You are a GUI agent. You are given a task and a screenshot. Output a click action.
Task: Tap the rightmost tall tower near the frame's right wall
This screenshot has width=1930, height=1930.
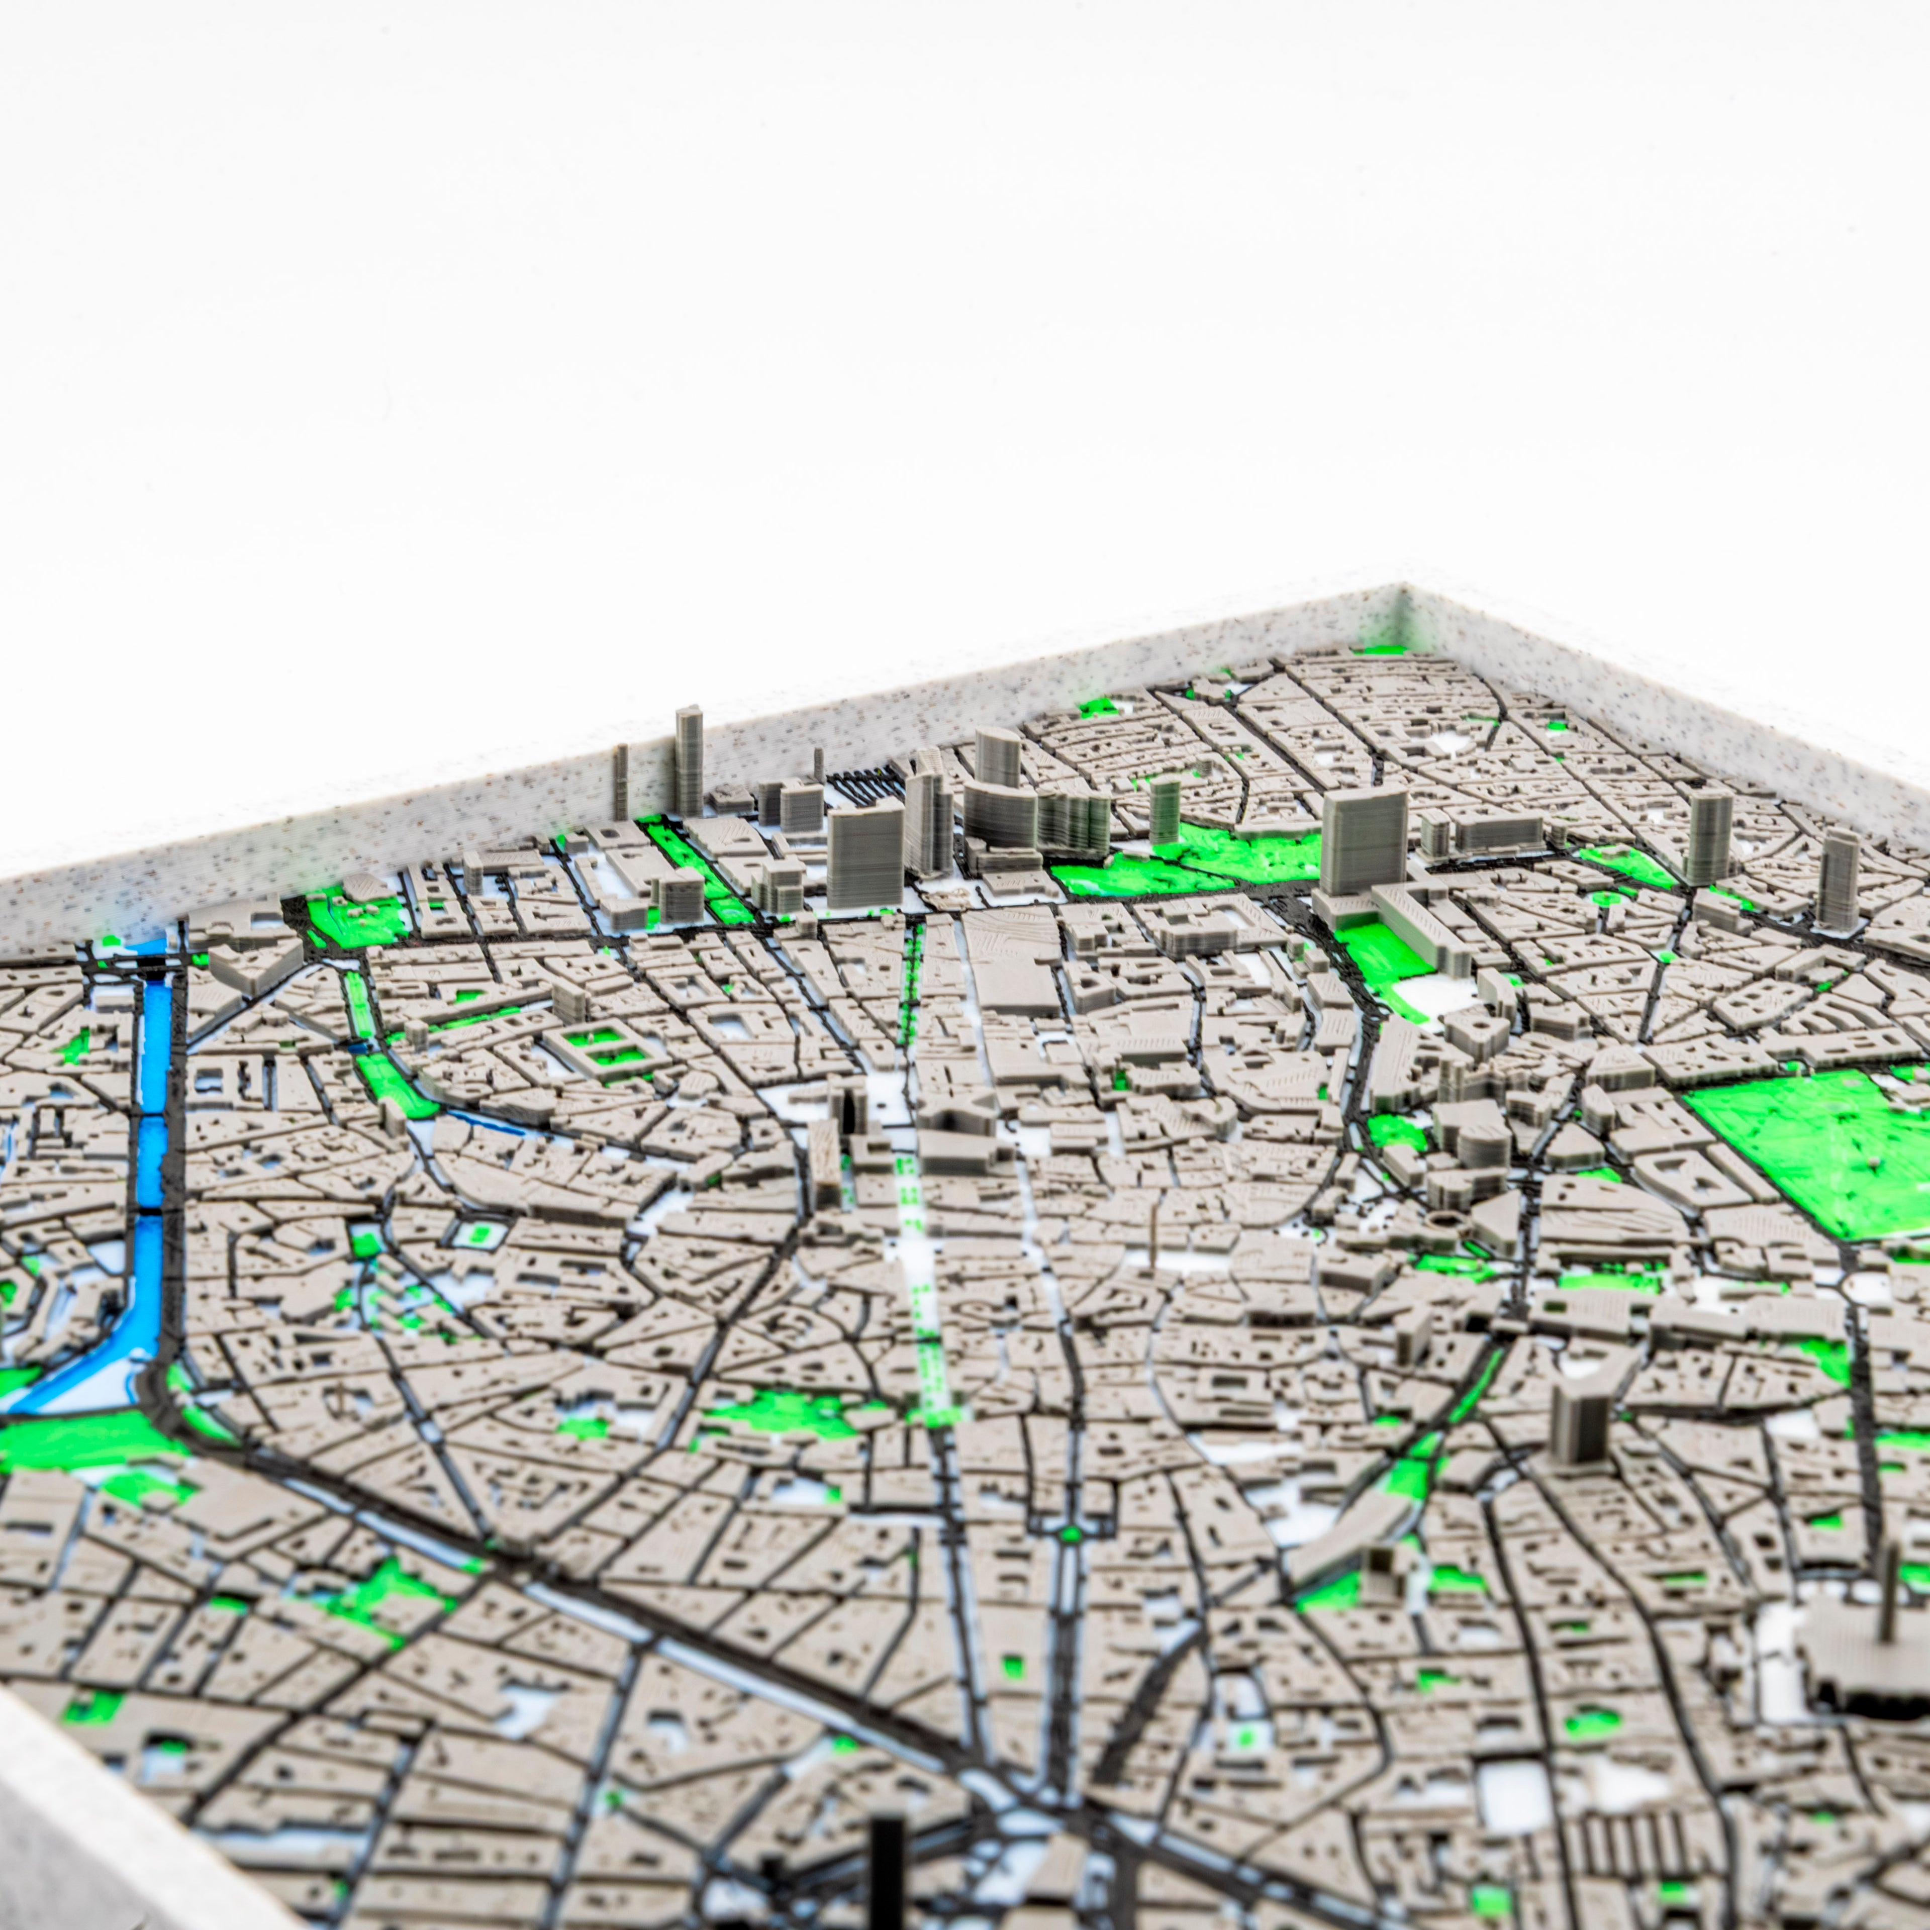click(1838, 879)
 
